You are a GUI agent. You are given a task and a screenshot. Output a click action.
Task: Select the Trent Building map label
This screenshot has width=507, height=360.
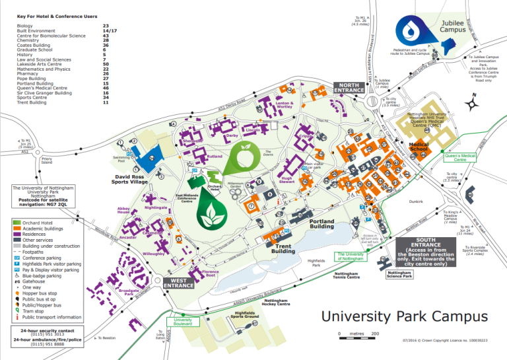(283, 248)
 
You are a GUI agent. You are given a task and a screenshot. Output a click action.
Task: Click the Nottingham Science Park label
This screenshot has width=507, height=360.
(399, 275)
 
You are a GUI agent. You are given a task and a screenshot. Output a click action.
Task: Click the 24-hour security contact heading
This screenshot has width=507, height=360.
(46, 330)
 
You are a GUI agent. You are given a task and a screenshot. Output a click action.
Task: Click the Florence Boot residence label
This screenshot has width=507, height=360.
(210, 273)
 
